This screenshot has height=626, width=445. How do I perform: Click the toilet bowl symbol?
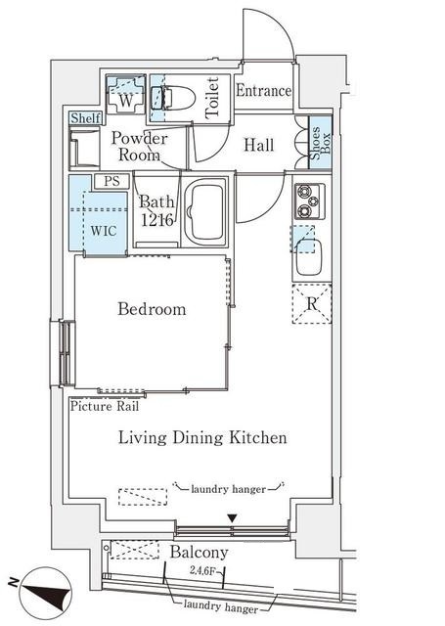tap(174, 98)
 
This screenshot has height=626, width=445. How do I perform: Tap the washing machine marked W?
tap(126, 94)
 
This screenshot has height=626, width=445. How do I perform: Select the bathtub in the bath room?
tap(206, 212)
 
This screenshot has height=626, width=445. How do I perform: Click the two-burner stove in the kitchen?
tap(309, 201)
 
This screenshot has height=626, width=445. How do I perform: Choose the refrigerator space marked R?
tap(312, 303)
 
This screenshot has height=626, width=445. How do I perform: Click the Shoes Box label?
tap(321, 143)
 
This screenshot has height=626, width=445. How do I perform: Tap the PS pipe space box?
tap(112, 181)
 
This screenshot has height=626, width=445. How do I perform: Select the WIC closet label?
tap(104, 231)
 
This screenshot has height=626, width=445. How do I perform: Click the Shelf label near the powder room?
tap(85, 118)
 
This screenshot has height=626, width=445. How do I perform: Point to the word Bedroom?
tap(152, 309)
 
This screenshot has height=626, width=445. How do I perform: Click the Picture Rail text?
tap(105, 407)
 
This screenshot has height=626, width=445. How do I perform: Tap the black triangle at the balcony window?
tap(233, 518)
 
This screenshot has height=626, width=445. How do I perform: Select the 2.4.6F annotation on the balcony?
tap(202, 570)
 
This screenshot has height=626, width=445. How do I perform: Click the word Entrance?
tap(263, 91)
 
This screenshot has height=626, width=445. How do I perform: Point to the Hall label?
tap(259, 145)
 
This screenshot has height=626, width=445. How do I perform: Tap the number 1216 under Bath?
tap(157, 220)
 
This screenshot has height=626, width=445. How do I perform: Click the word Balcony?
tap(200, 553)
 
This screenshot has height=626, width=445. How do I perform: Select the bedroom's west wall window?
tap(67, 353)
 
